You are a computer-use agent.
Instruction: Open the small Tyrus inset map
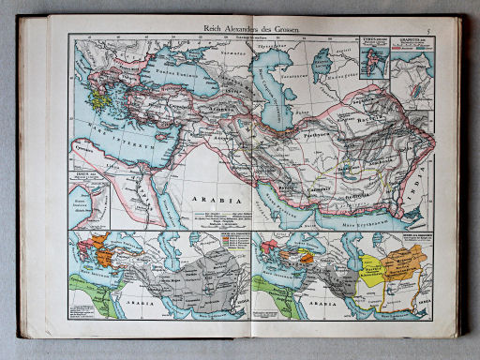[372, 54]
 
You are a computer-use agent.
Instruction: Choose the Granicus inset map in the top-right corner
[412, 58]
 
